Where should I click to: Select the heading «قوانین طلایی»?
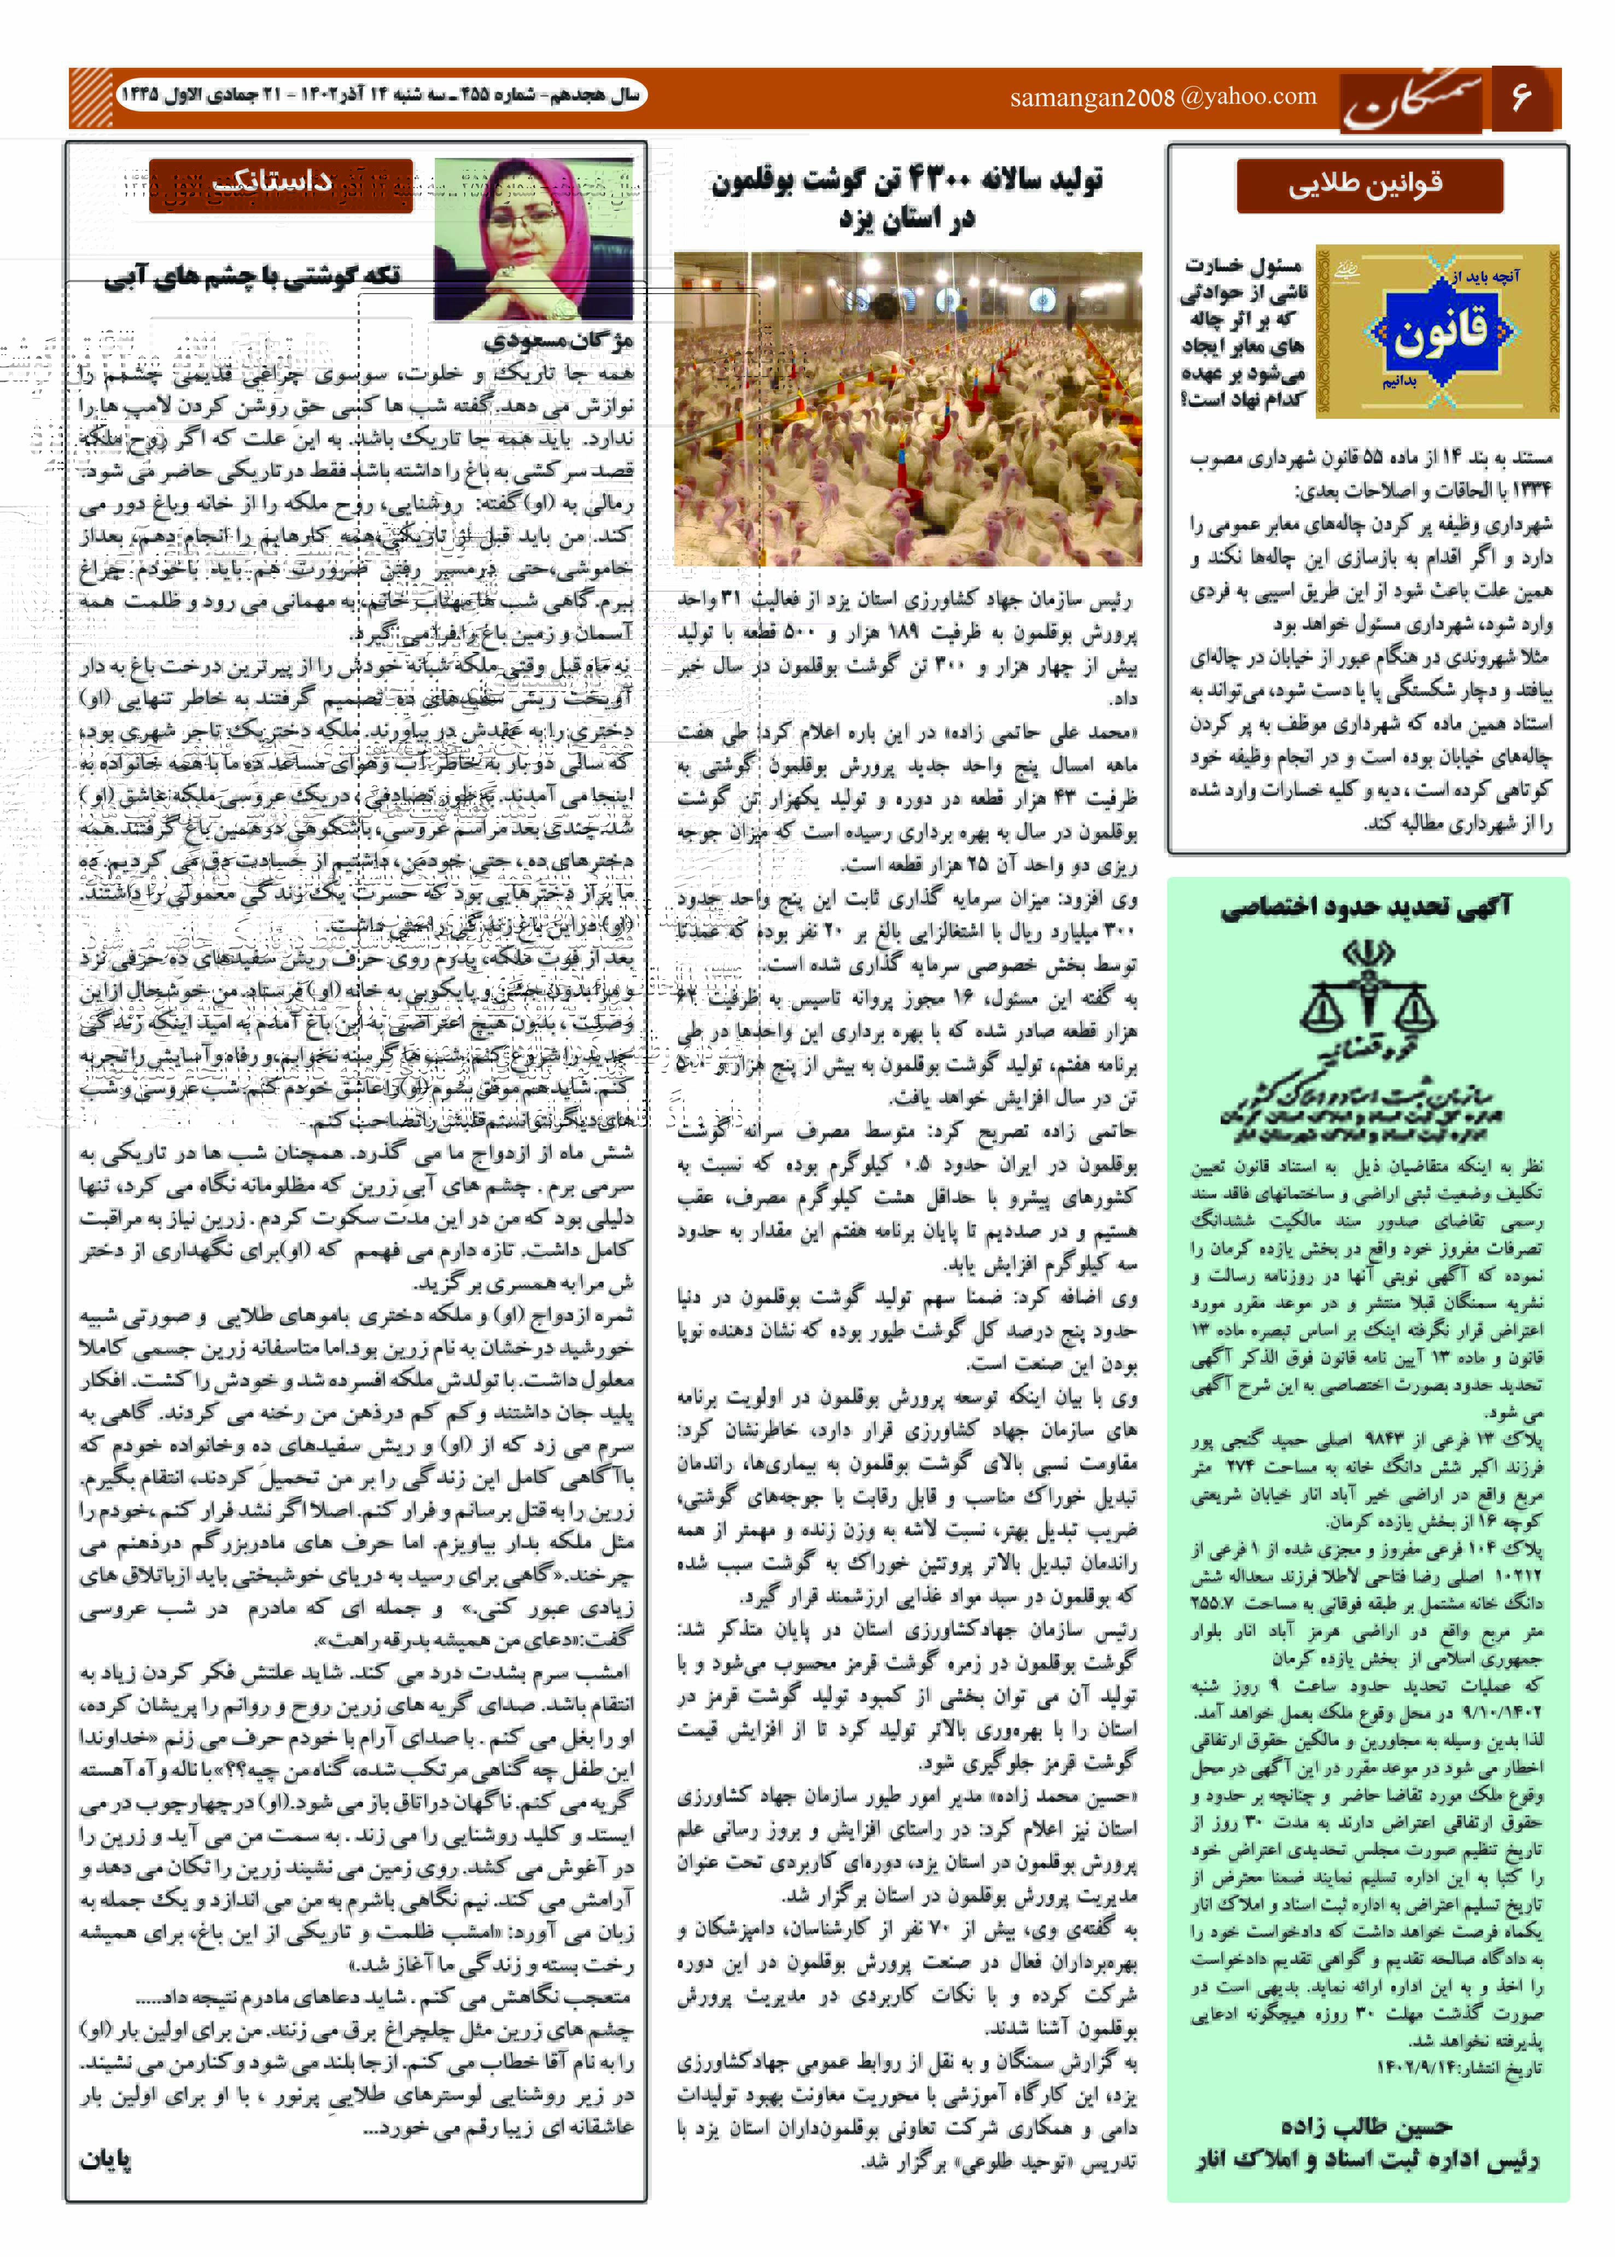click(x=1366, y=185)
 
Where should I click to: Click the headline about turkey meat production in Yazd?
click(x=907, y=199)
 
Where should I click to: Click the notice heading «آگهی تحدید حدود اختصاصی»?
click(x=1366, y=906)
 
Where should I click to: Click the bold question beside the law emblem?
click(x=1243, y=332)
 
